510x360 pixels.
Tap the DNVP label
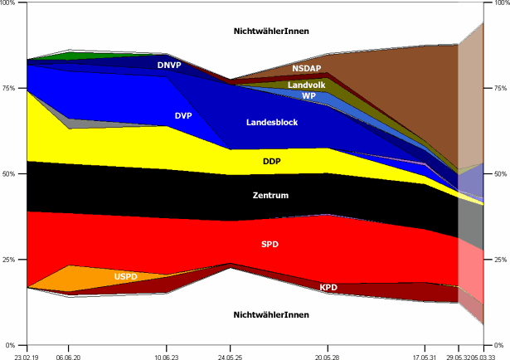point(169,65)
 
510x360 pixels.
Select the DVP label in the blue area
point(183,116)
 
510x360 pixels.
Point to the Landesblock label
point(272,123)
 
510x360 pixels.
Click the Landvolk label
point(306,85)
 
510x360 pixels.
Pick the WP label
point(308,96)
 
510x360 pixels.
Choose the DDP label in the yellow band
point(272,161)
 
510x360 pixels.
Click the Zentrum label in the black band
point(272,196)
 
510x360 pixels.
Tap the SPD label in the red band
point(270,244)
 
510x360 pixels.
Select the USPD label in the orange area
point(126,276)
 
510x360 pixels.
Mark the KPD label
point(328,287)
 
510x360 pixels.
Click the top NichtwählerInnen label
point(271,32)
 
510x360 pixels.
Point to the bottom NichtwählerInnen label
point(271,315)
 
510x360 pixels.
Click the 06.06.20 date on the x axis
point(68,353)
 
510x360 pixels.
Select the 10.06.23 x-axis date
point(168,353)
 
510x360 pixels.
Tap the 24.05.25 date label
point(230,353)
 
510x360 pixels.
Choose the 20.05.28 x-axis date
point(328,353)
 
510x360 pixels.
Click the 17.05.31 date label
point(425,353)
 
